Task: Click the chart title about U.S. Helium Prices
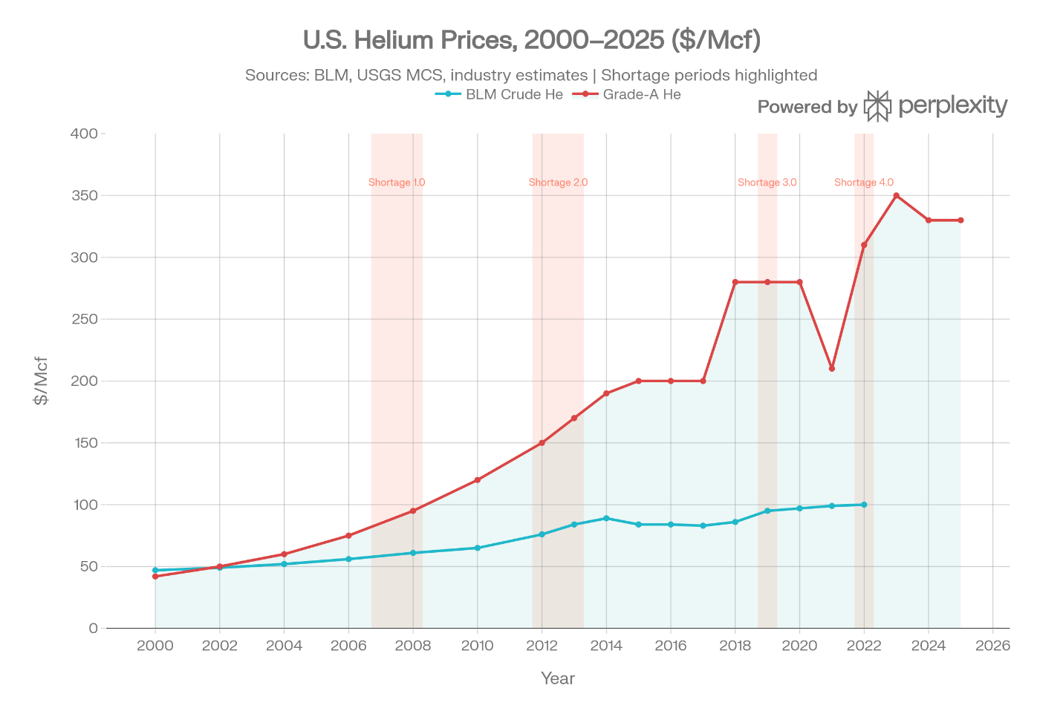[531, 40]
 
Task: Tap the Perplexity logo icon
[877, 106]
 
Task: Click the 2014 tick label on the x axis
[606, 646]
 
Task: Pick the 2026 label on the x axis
[992, 646]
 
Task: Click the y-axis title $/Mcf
[41, 381]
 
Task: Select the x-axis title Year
[557, 678]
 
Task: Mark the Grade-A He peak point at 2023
[897, 195]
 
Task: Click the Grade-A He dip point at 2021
[832, 368]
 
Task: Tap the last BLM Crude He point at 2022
[864, 505]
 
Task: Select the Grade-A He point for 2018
[735, 282]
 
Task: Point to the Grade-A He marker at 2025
[960, 220]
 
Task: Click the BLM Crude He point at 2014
[606, 518]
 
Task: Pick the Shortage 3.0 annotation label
[767, 183]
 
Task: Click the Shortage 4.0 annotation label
[864, 183]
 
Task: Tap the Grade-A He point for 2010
[477, 480]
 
